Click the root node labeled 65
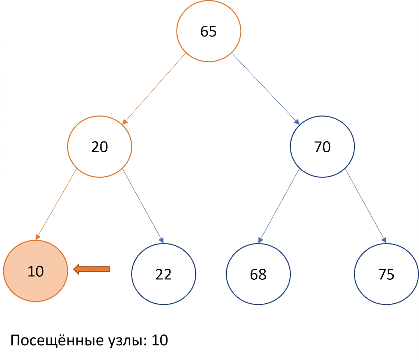click(208, 31)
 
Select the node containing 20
click(99, 147)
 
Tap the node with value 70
click(322, 147)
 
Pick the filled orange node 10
click(36, 271)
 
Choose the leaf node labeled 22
click(163, 274)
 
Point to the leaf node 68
click(258, 274)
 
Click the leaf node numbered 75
click(386, 274)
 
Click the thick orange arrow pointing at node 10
click(91, 269)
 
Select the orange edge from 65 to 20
click(154, 89)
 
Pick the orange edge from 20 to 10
click(56, 204)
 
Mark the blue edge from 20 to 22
click(143, 206)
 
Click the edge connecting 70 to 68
click(279, 206)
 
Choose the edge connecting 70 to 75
click(366, 206)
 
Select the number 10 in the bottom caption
click(160, 340)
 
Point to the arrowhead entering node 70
click(297, 122)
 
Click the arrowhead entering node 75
click(384, 240)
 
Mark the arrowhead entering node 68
click(260, 240)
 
